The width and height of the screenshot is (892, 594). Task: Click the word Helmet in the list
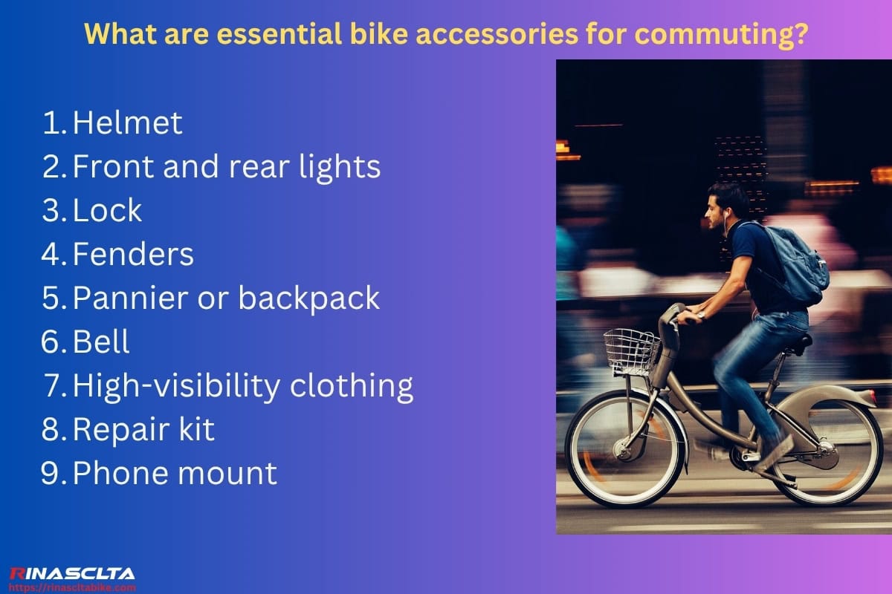[127, 123]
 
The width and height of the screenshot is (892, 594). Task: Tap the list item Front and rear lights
[226, 167]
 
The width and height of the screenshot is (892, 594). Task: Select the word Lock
[107, 211]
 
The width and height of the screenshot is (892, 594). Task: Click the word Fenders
[133, 255]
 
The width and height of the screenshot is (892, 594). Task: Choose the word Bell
[101, 342]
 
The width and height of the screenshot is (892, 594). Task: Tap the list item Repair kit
[143, 430]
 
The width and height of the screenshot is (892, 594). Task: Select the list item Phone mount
[175, 473]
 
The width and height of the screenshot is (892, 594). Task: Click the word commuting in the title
[728, 33]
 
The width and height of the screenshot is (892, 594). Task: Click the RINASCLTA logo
[72, 573]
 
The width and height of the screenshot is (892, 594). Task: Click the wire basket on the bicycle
[631, 352]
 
